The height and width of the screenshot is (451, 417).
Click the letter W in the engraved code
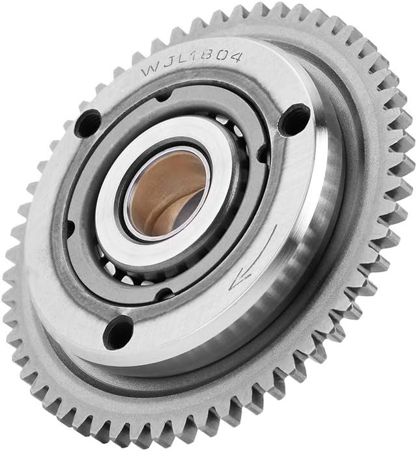tap(150, 70)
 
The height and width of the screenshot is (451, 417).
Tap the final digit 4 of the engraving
tap(235, 57)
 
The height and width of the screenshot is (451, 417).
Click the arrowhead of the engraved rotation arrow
tap(240, 280)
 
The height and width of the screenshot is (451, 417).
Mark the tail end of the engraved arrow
tap(276, 225)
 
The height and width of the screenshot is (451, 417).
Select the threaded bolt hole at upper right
tap(294, 120)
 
